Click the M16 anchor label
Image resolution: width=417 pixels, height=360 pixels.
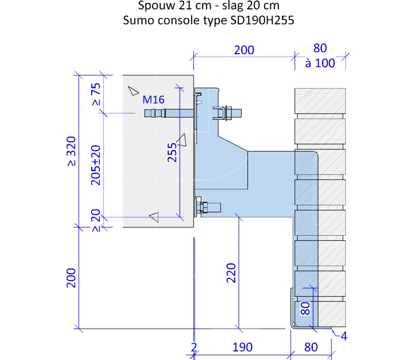(153, 100)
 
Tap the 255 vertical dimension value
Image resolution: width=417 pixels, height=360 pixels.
(172, 153)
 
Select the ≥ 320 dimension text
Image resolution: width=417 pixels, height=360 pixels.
(71, 151)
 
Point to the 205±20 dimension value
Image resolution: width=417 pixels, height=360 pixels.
(96, 165)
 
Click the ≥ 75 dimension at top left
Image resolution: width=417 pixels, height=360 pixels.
(96, 94)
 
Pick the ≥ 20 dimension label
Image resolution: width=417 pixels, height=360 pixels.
(96, 220)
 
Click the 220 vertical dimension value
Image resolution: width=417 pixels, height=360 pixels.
(231, 273)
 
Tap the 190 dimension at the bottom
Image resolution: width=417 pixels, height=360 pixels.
(242, 347)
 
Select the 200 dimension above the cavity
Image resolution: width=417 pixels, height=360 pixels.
(244, 50)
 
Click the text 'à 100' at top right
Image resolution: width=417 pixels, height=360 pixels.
(320, 63)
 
